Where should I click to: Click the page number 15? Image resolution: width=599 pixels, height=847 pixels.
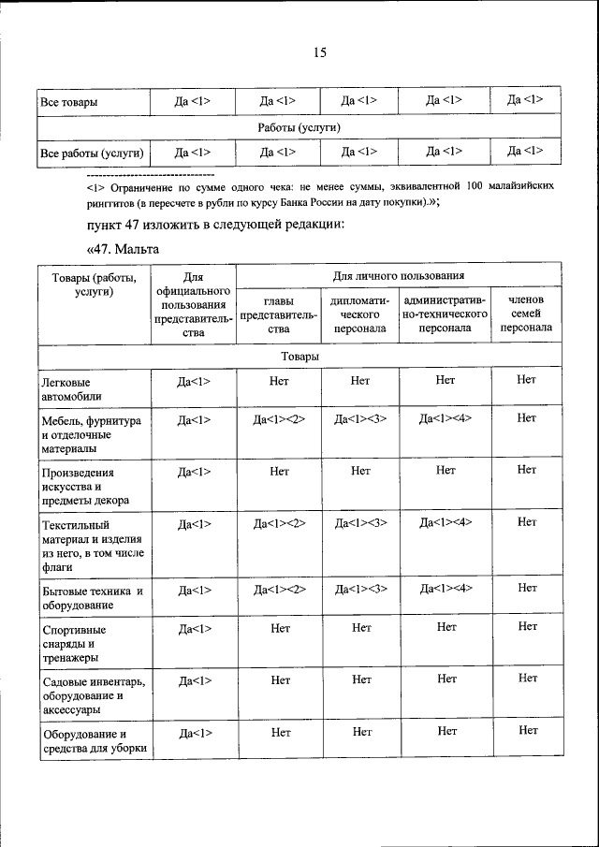click(x=318, y=53)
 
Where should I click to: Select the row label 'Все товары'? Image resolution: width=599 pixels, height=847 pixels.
click(x=68, y=101)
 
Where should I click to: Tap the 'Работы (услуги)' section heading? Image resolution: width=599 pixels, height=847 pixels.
click(x=299, y=126)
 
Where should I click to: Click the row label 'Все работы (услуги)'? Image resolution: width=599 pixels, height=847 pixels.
click(x=92, y=152)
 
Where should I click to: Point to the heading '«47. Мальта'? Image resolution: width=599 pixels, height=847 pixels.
click(x=123, y=249)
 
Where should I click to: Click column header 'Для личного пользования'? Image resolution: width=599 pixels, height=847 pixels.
click(x=400, y=276)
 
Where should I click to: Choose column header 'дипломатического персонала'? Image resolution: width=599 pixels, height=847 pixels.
click(x=360, y=314)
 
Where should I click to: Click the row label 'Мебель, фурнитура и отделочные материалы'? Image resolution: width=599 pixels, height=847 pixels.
click(x=90, y=434)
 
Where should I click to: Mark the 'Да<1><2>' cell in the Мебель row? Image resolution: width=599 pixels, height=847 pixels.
click(x=279, y=420)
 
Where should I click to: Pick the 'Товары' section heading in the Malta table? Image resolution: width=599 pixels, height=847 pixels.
click(x=299, y=357)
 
